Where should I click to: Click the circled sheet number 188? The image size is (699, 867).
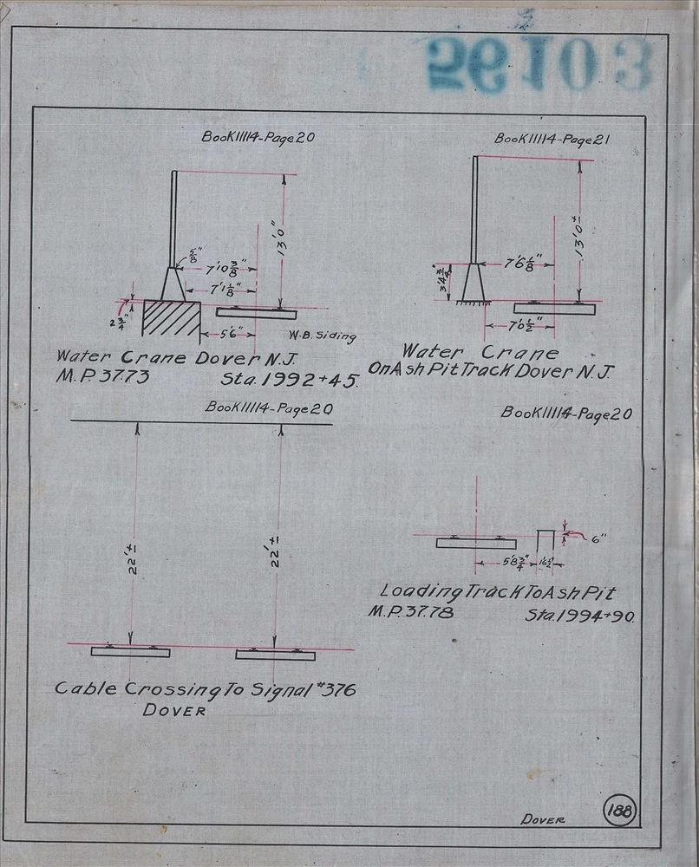pyautogui.click(x=622, y=811)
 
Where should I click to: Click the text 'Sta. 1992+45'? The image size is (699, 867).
pyautogui.click(x=290, y=380)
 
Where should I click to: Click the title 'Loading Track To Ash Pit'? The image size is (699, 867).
pyautogui.click(x=498, y=592)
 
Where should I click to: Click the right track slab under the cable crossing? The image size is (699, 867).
pyautogui.click(x=275, y=655)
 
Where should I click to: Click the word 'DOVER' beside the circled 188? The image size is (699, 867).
pyautogui.click(x=543, y=820)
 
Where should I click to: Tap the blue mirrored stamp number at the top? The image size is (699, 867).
pyautogui.click(x=538, y=63)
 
